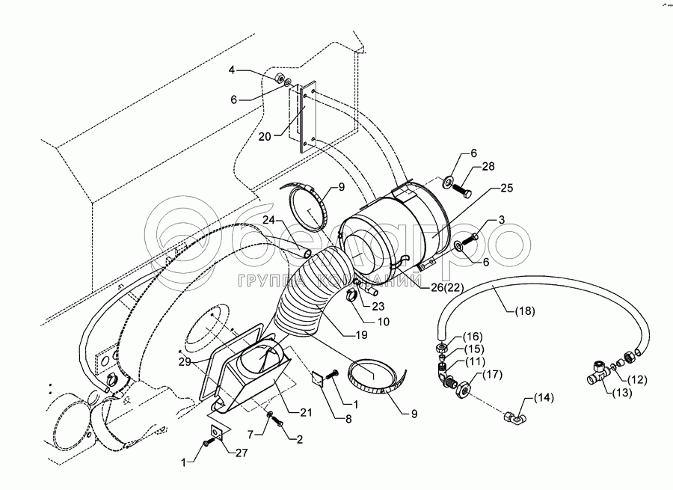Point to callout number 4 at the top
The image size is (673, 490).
(x=233, y=70)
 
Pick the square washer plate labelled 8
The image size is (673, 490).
(x=317, y=379)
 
